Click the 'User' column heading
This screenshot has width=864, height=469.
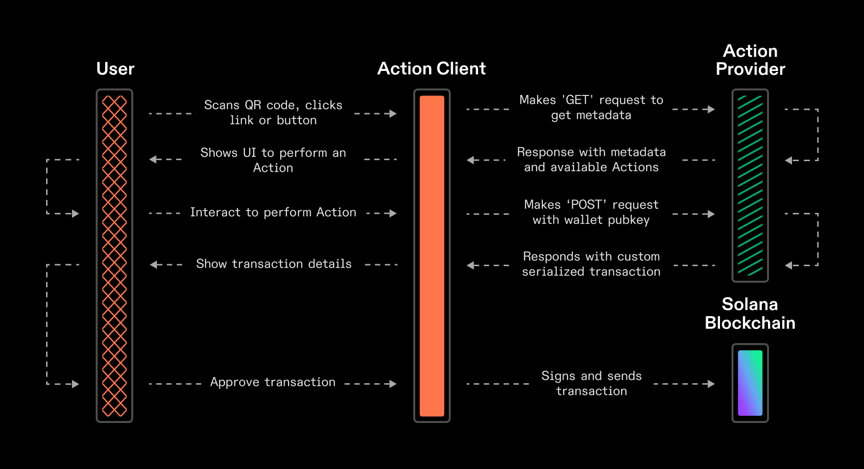(x=115, y=69)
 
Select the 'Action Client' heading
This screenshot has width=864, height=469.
(x=431, y=69)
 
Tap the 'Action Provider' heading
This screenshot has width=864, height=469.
(x=750, y=60)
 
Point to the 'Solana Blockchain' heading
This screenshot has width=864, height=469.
(x=750, y=314)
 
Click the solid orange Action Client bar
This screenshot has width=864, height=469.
(x=432, y=256)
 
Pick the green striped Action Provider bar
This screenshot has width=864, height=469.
(x=750, y=186)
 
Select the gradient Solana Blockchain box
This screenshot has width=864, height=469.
(x=750, y=383)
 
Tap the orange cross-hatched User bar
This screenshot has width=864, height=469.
(x=114, y=256)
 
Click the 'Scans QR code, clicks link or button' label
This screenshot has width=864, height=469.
(x=273, y=113)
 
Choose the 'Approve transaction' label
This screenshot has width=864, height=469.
(x=273, y=382)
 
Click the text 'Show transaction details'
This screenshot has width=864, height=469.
(x=274, y=264)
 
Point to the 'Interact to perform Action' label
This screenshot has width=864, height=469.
(x=273, y=212)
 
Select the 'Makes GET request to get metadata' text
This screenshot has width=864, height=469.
(x=591, y=107)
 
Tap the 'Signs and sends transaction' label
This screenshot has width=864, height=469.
(x=591, y=383)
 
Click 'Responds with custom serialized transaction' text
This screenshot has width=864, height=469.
(x=591, y=264)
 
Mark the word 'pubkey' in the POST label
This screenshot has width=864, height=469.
(x=628, y=220)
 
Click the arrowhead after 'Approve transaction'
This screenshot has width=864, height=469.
(x=393, y=384)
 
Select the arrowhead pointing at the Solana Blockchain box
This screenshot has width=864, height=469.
(x=711, y=384)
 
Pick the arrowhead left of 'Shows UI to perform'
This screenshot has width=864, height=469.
(x=153, y=159)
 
